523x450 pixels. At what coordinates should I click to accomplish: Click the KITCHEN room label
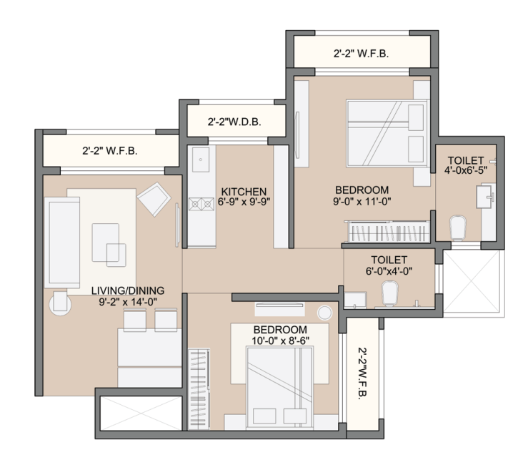click(244, 191)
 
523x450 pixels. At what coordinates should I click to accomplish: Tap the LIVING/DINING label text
click(128, 290)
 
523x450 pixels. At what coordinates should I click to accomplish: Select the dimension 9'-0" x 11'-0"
click(362, 202)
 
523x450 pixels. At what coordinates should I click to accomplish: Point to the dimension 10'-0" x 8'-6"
click(280, 341)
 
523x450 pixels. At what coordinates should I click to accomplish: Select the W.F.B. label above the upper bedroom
click(361, 54)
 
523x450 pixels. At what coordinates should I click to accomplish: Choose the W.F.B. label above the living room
click(109, 151)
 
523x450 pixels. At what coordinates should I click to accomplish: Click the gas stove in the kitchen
click(196, 204)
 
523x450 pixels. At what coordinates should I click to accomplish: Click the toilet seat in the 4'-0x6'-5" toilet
click(457, 228)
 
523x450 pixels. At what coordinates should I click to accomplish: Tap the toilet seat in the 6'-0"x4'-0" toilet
click(390, 292)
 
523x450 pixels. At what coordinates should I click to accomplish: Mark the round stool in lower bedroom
click(325, 313)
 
